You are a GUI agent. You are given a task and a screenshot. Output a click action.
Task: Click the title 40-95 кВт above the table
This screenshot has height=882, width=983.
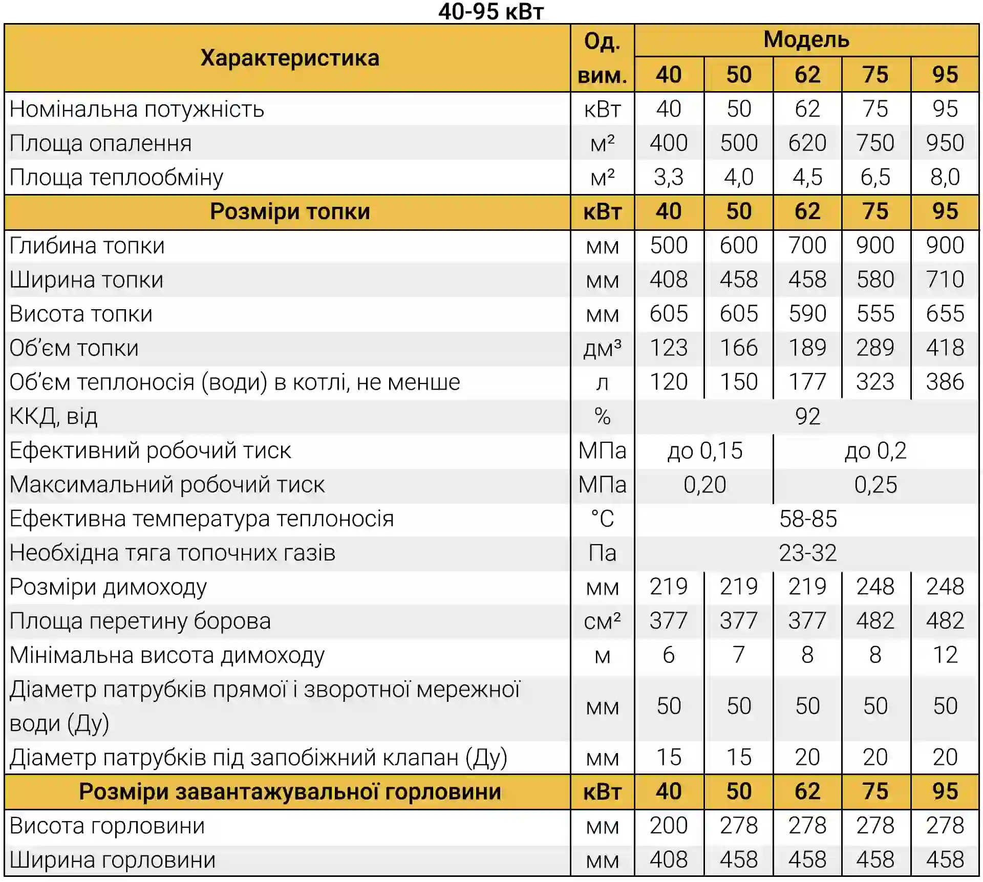490,11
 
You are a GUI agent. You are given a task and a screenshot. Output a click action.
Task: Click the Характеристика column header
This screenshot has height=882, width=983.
290,58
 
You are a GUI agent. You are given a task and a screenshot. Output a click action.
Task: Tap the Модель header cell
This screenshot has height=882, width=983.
806,39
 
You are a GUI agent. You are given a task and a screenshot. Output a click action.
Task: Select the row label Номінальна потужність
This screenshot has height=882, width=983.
137,109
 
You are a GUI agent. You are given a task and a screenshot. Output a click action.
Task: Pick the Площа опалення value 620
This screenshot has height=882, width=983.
807,143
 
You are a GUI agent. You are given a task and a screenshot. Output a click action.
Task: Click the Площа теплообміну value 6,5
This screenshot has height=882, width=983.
875,177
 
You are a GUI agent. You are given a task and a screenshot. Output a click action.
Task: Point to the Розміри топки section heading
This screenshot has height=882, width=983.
290,211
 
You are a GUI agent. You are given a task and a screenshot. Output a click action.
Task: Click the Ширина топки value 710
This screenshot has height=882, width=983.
945,279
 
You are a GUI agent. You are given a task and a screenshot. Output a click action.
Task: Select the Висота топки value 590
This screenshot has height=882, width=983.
807,314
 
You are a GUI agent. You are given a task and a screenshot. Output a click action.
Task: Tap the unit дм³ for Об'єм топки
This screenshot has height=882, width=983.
602,348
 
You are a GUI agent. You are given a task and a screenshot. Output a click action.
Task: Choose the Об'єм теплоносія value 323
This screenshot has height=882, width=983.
875,382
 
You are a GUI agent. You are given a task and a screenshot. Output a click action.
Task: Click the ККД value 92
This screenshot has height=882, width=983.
807,416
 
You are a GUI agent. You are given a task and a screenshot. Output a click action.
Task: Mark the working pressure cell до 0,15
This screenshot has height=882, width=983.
704,450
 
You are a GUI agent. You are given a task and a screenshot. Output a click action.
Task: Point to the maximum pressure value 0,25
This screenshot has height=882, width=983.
875,485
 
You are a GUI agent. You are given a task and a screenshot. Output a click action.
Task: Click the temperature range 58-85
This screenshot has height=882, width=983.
807,519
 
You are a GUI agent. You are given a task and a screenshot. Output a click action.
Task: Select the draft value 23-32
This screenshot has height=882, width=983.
807,553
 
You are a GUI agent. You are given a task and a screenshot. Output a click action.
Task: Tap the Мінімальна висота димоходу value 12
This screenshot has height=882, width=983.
945,655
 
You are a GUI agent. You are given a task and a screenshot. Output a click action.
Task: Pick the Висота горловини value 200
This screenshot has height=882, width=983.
669,826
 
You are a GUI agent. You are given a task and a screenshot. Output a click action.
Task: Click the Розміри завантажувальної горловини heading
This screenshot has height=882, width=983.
290,792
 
